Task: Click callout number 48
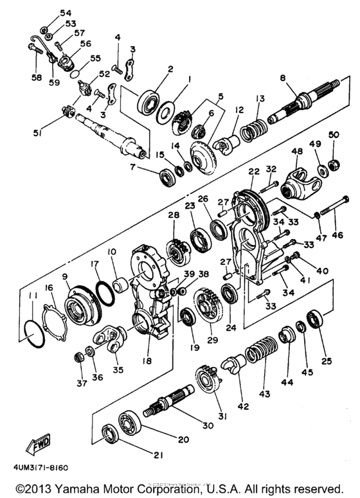296,152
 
